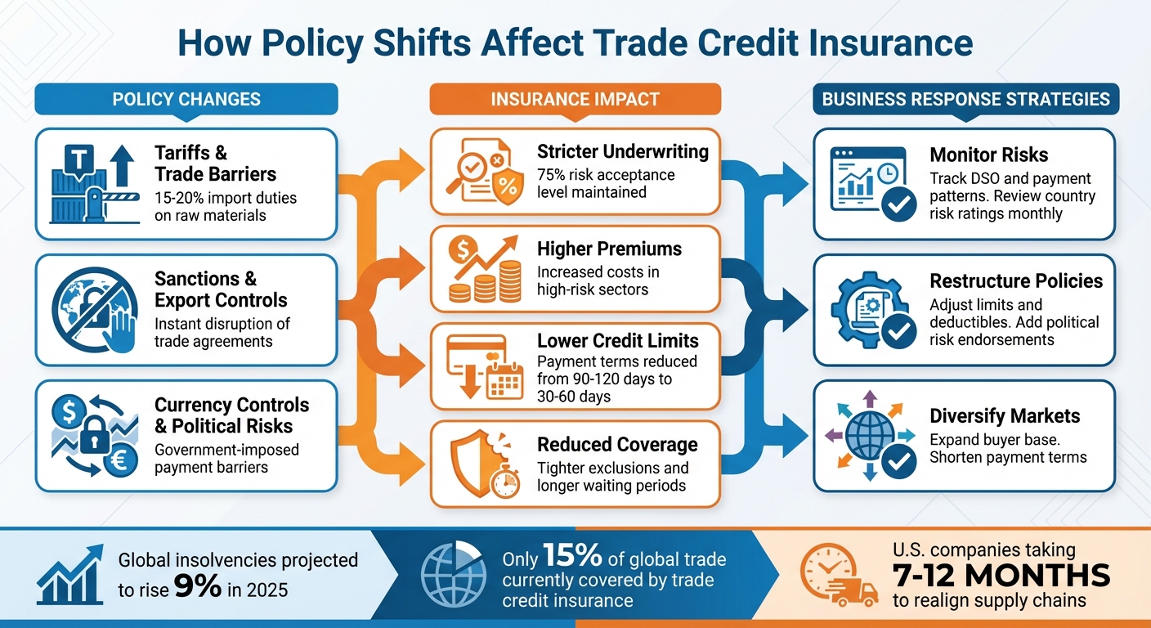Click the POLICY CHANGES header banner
click(186, 99)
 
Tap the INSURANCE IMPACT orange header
click(575, 99)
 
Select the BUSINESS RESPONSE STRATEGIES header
click(965, 99)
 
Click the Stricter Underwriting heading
click(623, 152)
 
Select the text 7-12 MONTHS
click(1001, 575)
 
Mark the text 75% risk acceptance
click(606, 175)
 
